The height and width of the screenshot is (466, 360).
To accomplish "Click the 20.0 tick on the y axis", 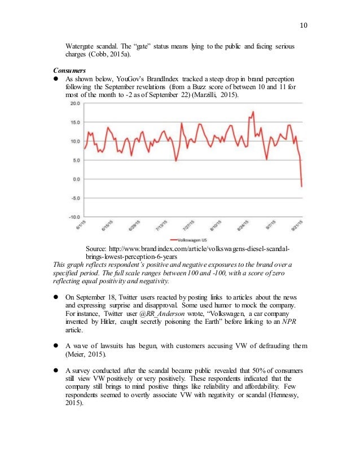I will point(74,104).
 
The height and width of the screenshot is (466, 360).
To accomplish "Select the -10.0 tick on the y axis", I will point(73,217).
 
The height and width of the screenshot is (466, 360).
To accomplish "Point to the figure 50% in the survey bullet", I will point(240,370).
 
